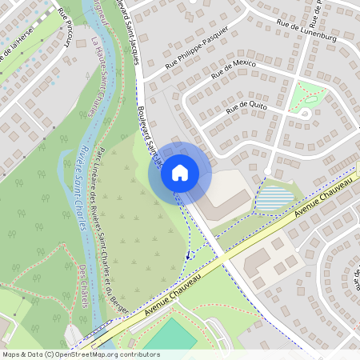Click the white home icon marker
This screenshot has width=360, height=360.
pos(180,171)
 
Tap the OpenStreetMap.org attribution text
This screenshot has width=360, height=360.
pos(80,354)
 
